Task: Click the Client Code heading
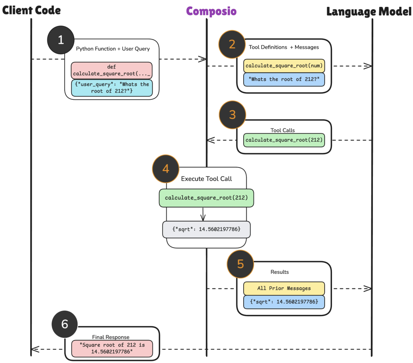31,10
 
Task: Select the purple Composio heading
211,11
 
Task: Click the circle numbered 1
60,40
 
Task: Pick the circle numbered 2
232,44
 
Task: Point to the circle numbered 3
233,114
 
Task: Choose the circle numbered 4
166,169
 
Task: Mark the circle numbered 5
240,264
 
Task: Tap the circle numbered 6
65,324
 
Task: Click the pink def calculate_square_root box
112,70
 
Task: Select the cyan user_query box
112,88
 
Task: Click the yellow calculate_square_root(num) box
284,66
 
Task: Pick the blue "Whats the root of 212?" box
284,79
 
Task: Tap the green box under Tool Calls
284,140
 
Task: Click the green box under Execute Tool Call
206,198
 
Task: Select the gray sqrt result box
206,229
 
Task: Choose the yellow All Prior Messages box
284,288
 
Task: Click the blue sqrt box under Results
284,302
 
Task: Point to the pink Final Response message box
112,348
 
